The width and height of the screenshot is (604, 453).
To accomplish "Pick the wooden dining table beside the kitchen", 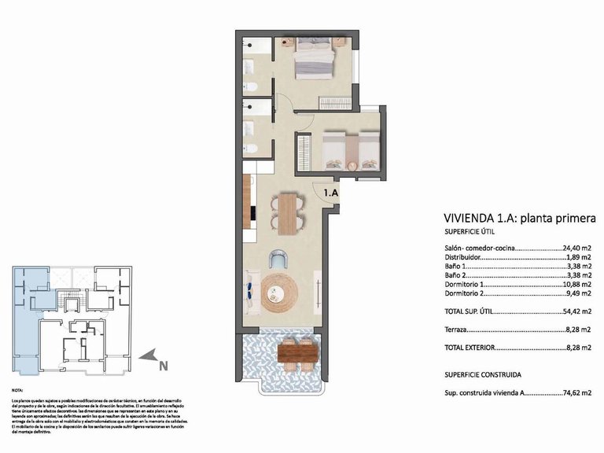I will point(288,215).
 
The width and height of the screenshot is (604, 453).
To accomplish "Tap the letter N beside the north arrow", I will point(164,365).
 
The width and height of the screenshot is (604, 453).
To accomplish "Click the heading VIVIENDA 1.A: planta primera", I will point(515,218).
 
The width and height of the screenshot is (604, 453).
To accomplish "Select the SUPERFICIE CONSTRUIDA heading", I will point(482,374).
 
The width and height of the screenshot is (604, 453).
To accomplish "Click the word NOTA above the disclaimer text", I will point(18,390).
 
